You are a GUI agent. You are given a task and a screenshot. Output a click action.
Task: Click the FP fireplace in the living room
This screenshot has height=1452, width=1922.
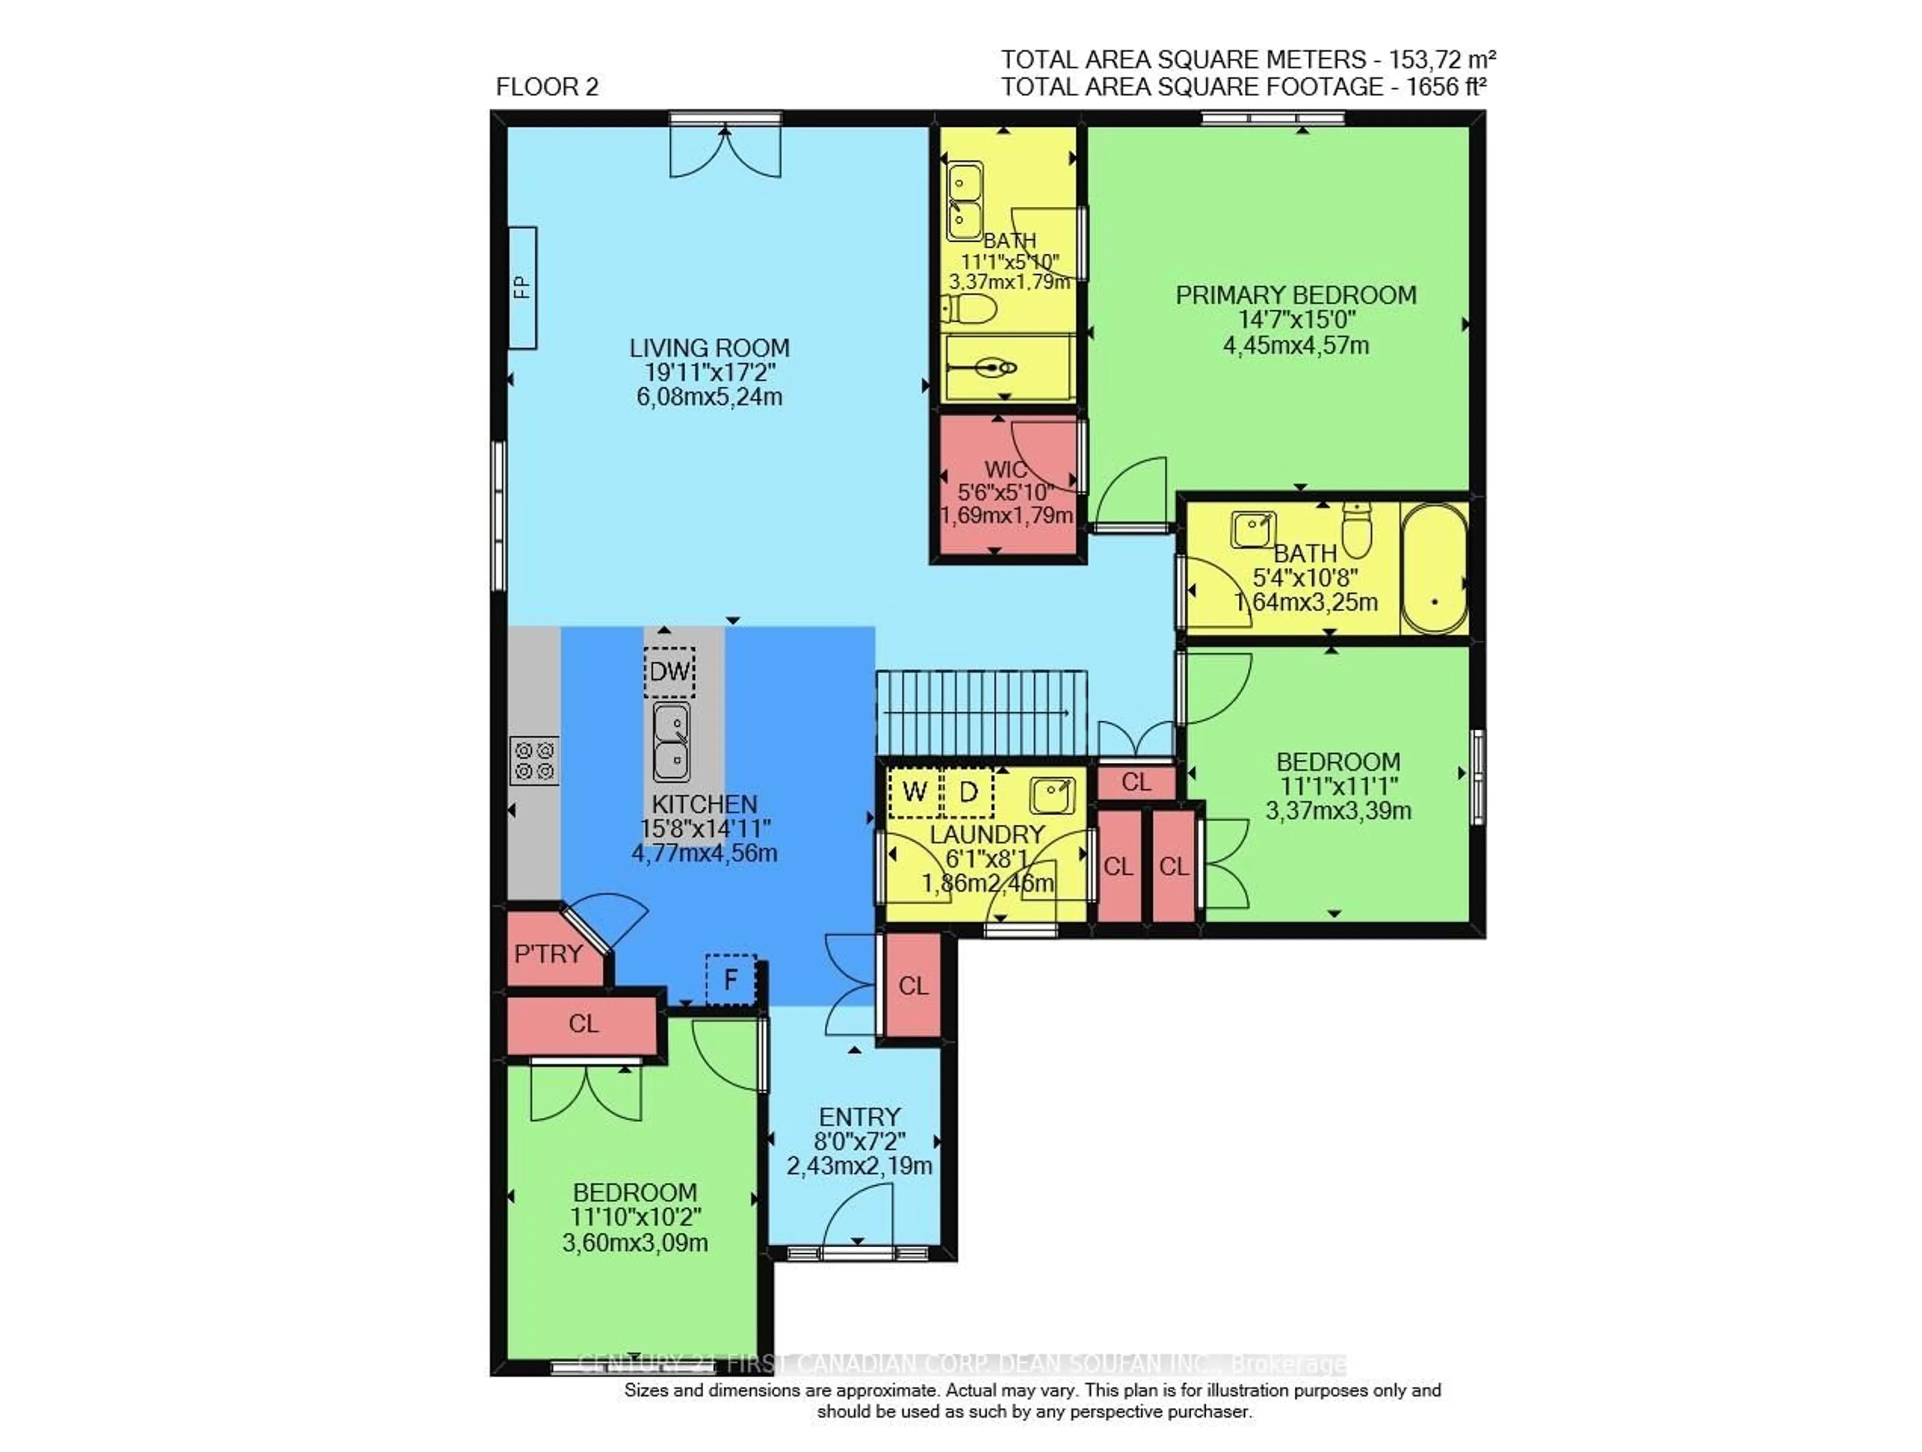coord(522,288)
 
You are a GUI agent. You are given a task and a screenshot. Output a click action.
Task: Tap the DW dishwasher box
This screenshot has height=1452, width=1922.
coord(669,671)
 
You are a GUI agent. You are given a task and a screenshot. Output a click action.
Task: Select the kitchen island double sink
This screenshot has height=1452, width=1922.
coord(672,743)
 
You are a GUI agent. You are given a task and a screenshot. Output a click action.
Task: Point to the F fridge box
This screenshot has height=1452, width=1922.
coord(731,980)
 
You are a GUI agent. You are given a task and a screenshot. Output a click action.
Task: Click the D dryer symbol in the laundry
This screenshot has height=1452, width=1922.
coord(968,792)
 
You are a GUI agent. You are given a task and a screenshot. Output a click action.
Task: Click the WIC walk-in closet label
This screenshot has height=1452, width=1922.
coord(1006,470)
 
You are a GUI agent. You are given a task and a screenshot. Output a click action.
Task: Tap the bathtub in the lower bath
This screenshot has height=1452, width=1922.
coord(1433,569)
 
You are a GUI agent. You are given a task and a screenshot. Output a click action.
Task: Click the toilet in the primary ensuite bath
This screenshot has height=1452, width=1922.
coord(969,308)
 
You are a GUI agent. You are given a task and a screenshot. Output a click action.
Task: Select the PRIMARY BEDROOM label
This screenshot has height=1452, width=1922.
coord(1295,295)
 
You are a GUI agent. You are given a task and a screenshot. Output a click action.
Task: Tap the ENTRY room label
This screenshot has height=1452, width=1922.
coord(859,1117)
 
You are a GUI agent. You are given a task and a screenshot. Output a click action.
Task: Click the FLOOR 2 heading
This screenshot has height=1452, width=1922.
coord(547,87)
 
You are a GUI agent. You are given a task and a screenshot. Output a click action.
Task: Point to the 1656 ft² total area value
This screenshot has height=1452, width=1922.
coord(1445,87)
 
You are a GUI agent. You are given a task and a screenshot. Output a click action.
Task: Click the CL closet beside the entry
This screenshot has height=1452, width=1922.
coord(913,986)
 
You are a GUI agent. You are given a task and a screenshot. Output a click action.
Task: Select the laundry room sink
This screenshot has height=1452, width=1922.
coord(1052,794)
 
